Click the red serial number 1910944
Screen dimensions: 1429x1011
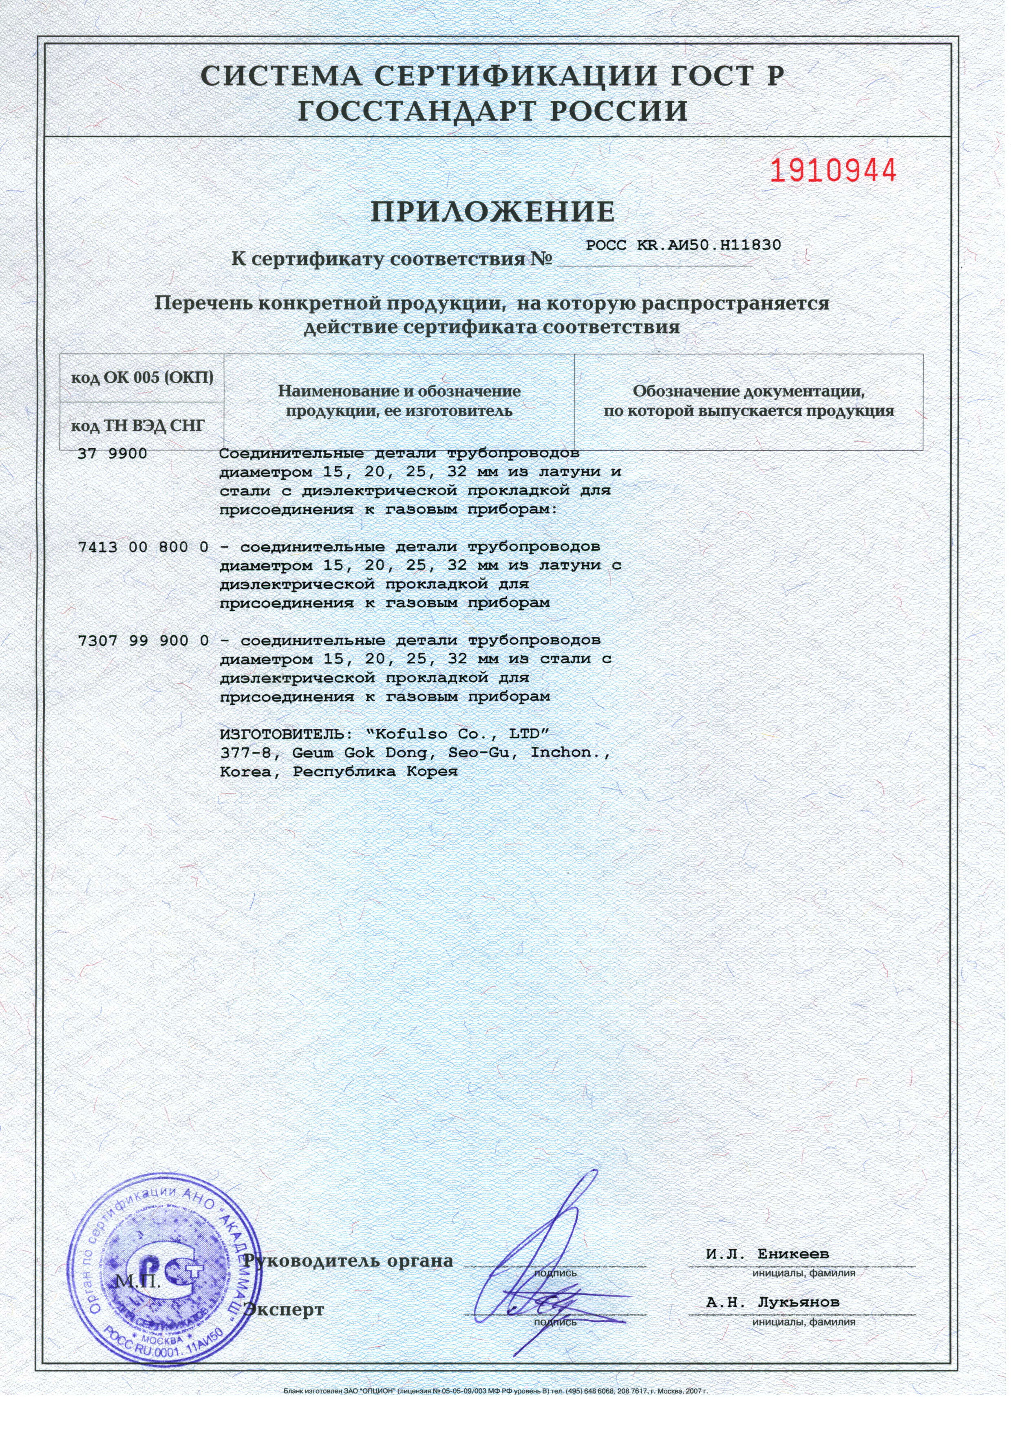click(834, 170)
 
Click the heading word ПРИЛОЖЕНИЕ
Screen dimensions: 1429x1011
click(492, 212)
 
